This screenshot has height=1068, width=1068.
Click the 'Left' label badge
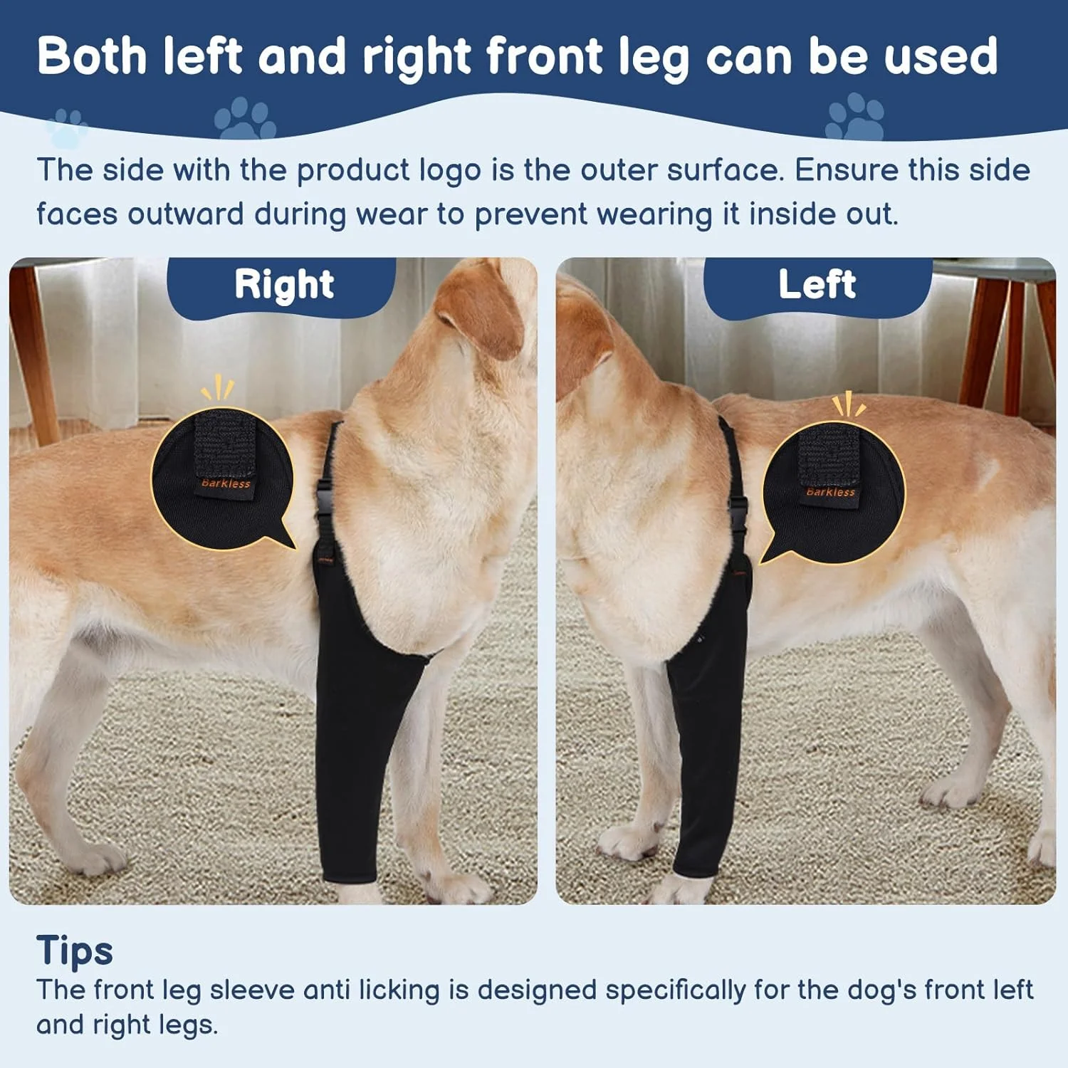817,286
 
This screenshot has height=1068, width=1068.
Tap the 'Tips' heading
75,951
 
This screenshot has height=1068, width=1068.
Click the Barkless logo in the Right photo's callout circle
226,483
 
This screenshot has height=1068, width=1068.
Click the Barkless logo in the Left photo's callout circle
830,492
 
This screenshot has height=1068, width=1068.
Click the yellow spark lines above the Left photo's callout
849,404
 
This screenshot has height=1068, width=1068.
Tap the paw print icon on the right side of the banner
854,117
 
